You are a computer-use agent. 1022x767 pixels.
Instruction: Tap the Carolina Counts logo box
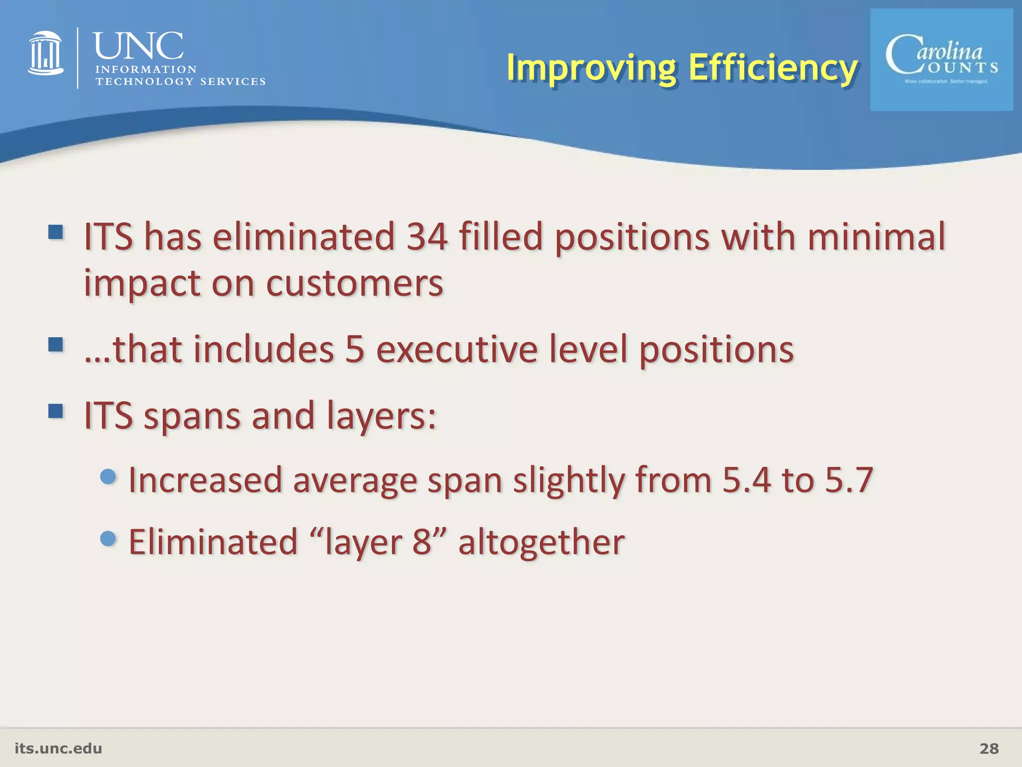[941, 60]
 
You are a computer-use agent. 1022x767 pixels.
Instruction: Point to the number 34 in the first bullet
[427, 237]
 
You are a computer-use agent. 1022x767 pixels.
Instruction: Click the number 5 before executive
[355, 349]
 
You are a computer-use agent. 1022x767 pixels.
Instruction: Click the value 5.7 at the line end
[849, 480]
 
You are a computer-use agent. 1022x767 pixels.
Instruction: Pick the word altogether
[541, 542]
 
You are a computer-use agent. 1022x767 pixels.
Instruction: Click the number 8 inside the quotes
[422, 542]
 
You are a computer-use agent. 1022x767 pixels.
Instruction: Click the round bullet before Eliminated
[108, 538]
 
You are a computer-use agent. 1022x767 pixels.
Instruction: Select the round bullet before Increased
[108, 476]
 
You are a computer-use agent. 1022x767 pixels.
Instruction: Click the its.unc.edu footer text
[58, 749]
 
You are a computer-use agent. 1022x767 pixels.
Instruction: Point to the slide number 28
[989, 749]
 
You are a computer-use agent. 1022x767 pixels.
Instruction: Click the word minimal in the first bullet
[876, 237]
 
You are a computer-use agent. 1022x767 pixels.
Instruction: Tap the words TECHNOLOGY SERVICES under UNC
[180, 82]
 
